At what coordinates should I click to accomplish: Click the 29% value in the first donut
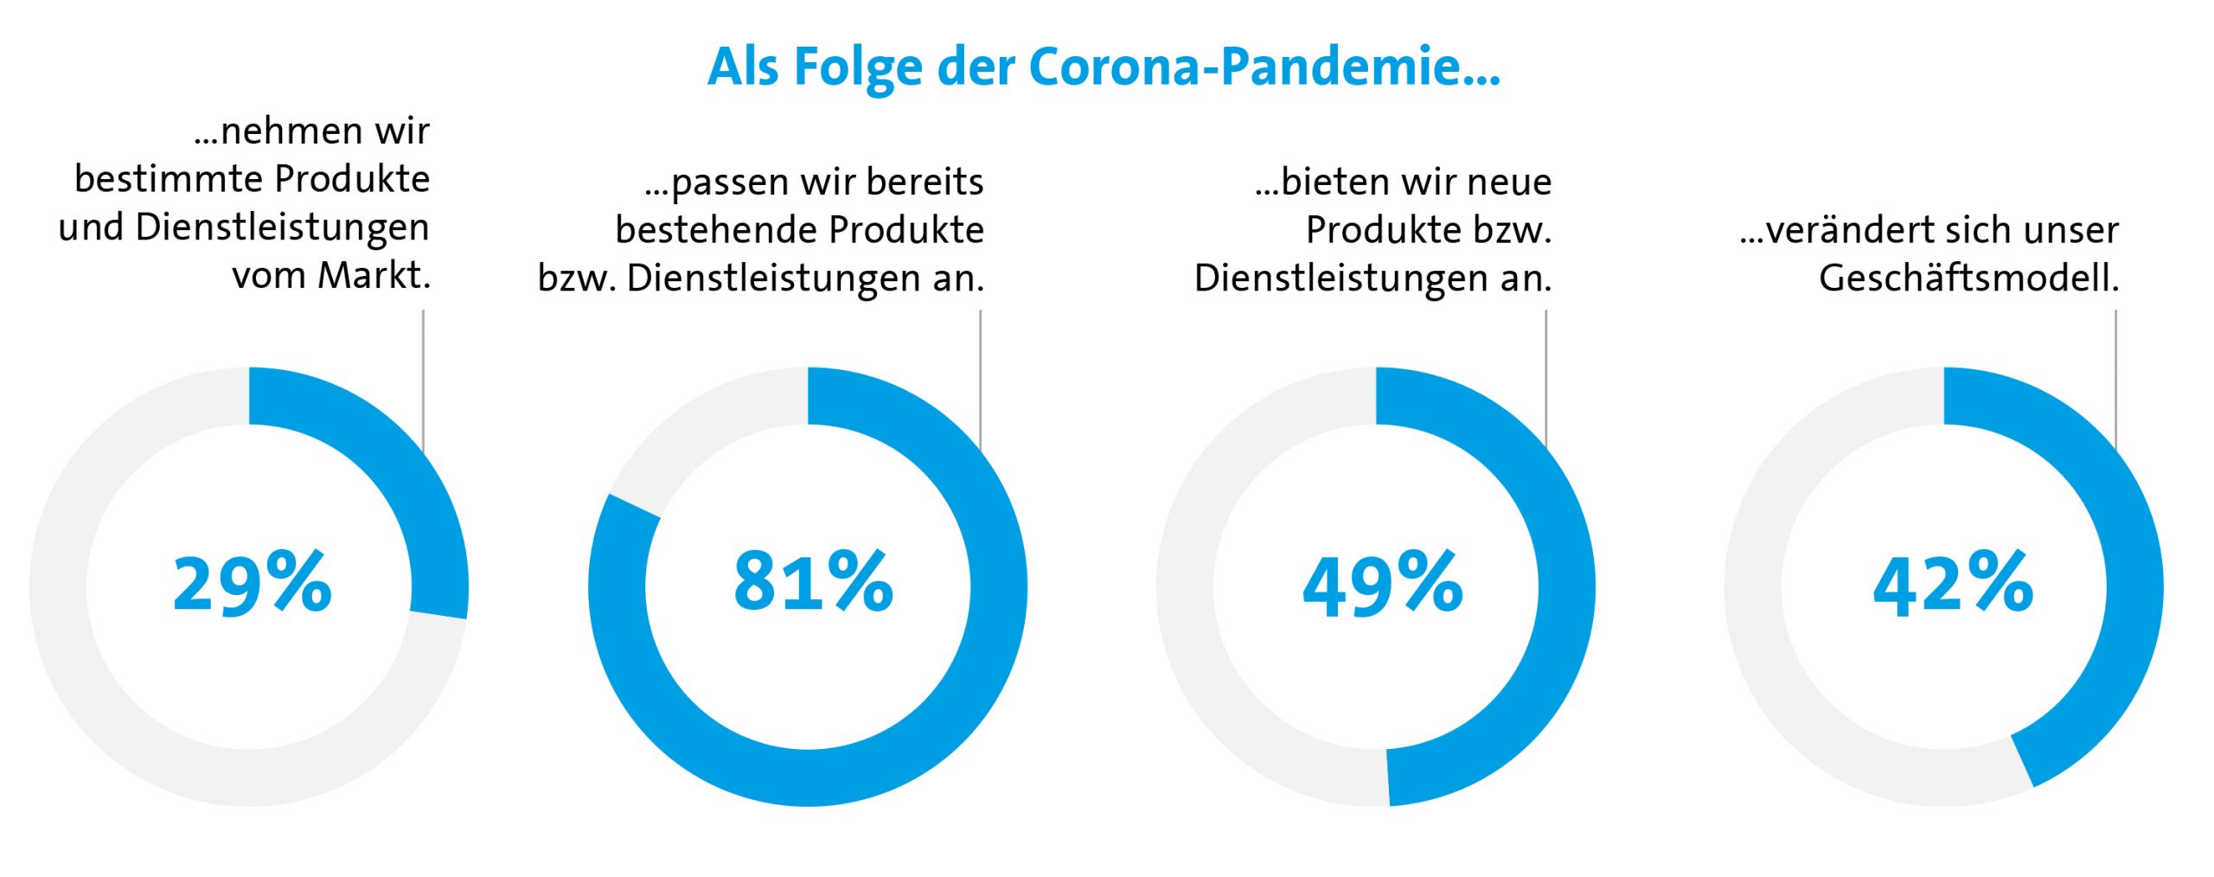coord(253,585)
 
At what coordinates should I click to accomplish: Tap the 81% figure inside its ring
coord(813,582)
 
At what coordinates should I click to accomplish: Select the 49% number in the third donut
coord(1382,585)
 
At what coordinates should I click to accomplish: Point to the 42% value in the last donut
coord(1953,585)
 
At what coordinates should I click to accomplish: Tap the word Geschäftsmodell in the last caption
coord(1968,278)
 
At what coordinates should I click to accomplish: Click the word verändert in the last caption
coord(1851,231)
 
